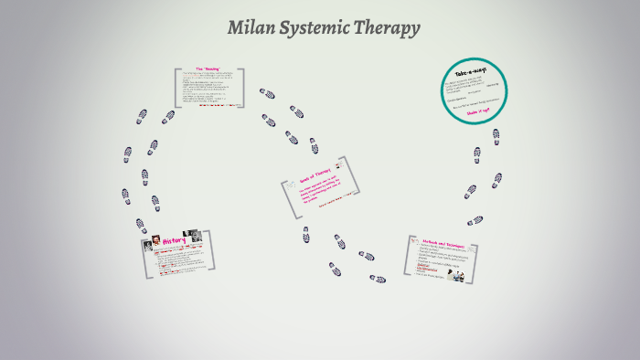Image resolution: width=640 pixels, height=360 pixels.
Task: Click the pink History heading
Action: coord(174,241)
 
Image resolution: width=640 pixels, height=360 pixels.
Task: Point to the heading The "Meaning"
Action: coord(209,70)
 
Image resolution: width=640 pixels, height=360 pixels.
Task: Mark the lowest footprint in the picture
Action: coord(377,279)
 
